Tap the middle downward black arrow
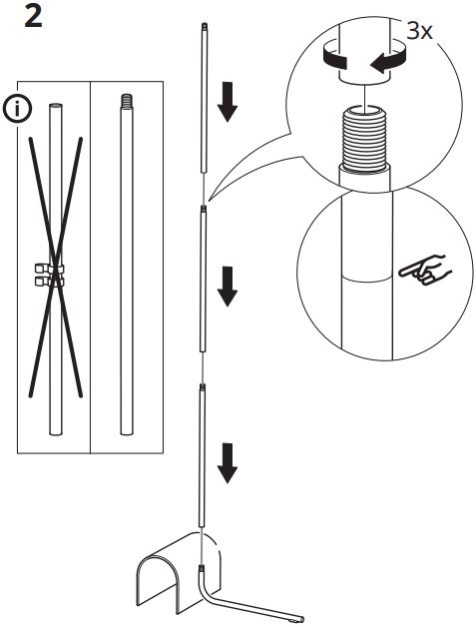(x=228, y=285)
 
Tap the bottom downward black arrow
(x=228, y=463)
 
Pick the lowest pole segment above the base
(x=202, y=459)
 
